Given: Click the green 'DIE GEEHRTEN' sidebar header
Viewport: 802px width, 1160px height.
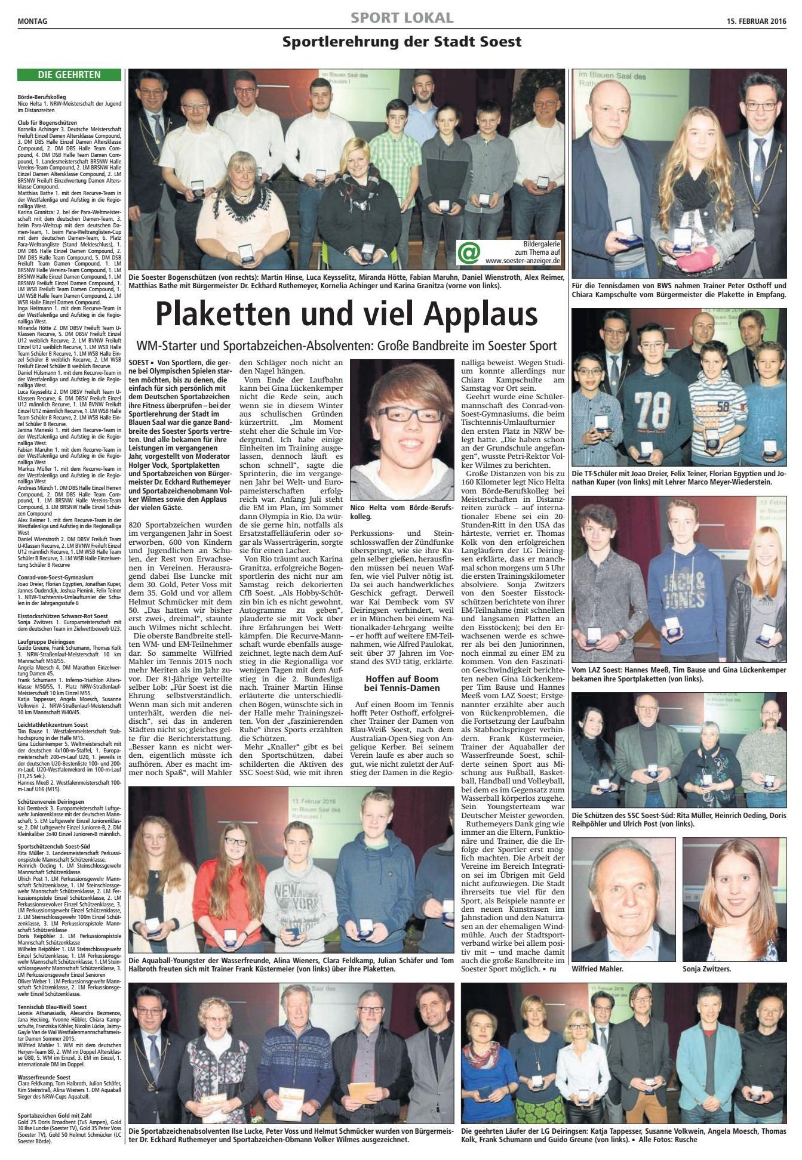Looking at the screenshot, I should pyautogui.click(x=69, y=75).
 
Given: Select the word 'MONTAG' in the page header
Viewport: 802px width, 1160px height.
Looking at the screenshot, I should pyautogui.click(x=33, y=21).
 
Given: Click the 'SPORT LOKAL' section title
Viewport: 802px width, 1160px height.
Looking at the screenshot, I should pyautogui.click(x=402, y=18).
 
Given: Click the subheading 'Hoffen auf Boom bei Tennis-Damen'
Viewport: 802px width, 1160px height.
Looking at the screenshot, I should pyautogui.click(x=401, y=683).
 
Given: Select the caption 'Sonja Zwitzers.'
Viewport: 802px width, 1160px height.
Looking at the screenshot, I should pyautogui.click(x=707, y=969).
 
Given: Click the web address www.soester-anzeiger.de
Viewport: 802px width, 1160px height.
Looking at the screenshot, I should pyautogui.click(x=523, y=260).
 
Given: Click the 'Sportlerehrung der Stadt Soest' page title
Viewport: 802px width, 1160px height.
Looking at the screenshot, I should pyautogui.click(x=402, y=42).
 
